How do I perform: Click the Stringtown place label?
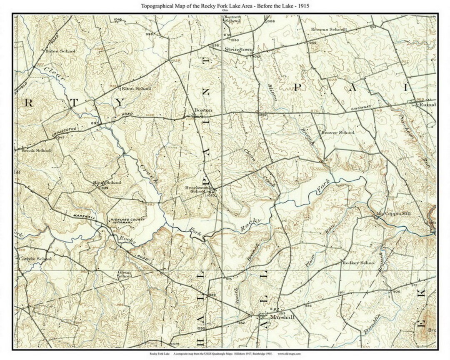coord(239,50)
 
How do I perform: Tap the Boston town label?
coord(204,110)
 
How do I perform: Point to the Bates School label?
coord(61,51)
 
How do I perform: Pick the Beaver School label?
coord(337,132)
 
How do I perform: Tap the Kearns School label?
coord(329,30)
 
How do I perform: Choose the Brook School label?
coord(36,150)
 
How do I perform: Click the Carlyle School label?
coord(35,259)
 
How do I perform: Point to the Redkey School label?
coord(358,263)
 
